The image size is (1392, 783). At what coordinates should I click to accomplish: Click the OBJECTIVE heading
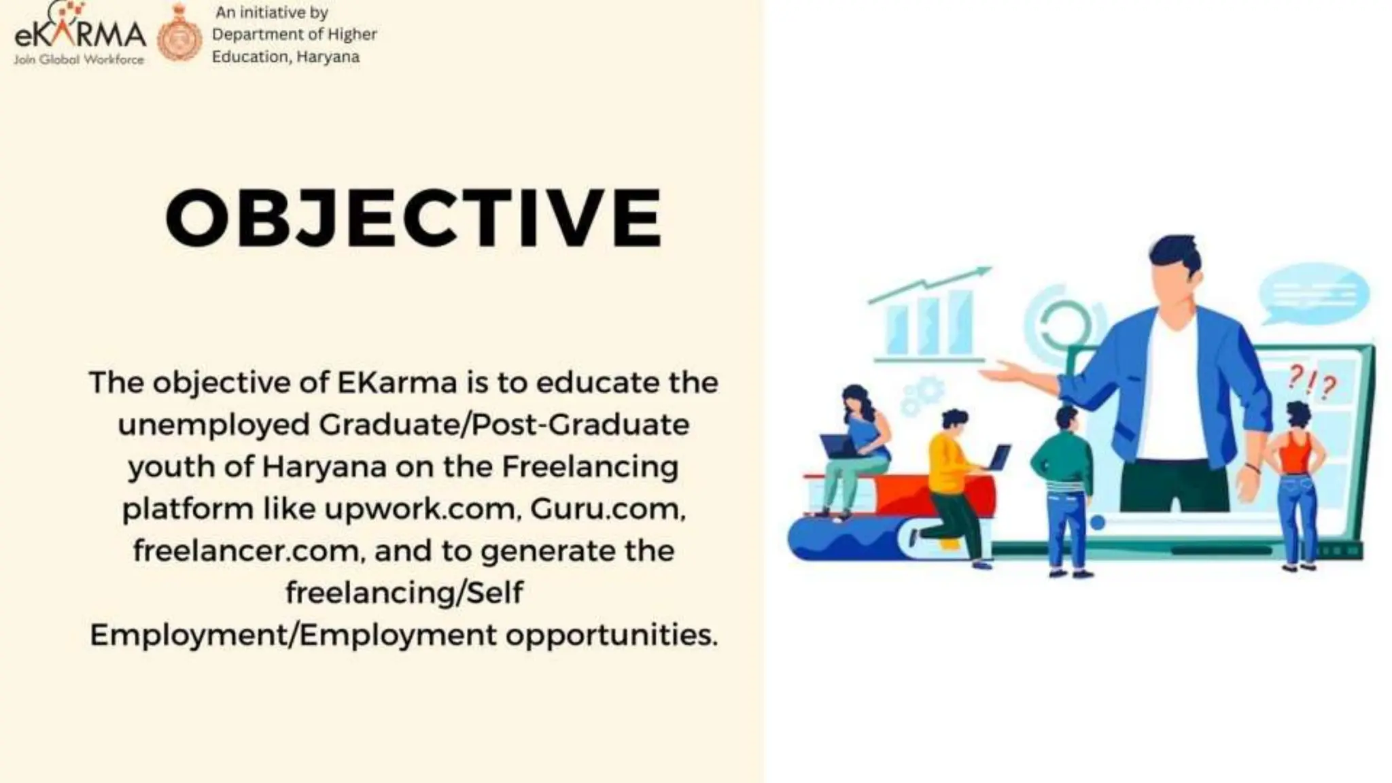[x=413, y=217]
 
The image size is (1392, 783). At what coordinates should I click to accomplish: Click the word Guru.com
[x=608, y=508]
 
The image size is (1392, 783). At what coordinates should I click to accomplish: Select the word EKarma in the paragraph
[x=397, y=382]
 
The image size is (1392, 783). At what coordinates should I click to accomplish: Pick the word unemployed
[x=213, y=424]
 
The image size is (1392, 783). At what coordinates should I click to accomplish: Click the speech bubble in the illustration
[x=1313, y=294]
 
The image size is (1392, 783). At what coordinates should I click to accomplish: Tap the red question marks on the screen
[x=1312, y=382]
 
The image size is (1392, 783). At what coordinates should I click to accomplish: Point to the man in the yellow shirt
[x=954, y=476]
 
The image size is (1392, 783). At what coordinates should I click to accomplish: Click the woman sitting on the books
[x=858, y=449]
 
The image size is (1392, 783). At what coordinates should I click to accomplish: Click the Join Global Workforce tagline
[x=79, y=60]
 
